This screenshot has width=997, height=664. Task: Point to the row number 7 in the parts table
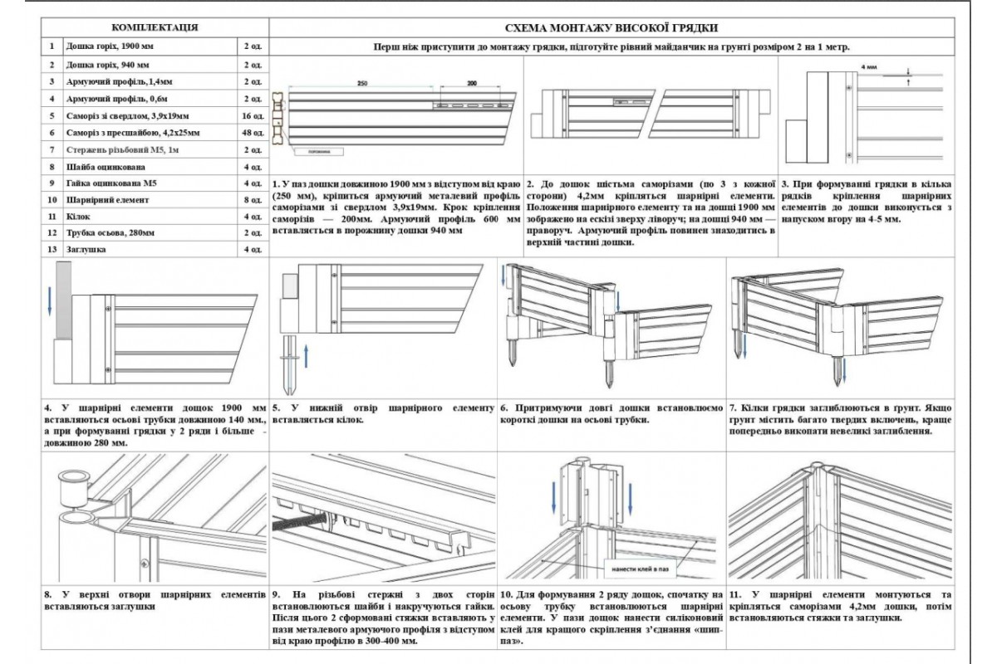(52, 150)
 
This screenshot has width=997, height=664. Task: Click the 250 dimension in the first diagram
(361, 84)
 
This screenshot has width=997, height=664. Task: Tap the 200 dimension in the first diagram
(472, 84)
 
